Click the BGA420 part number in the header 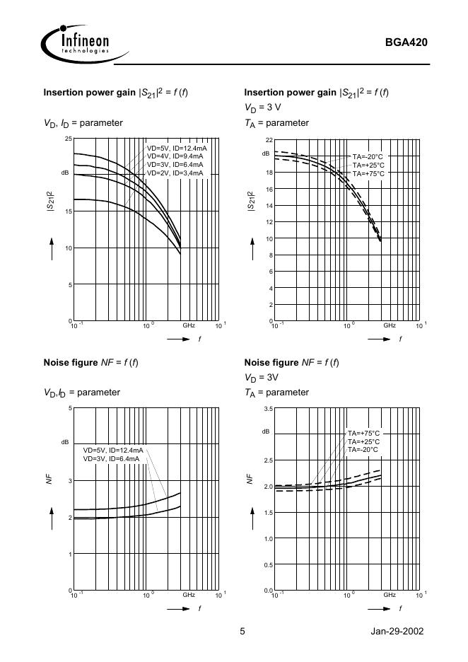click(406, 42)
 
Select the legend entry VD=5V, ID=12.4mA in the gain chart click(176, 149)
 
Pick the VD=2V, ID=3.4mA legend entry click(175, 173)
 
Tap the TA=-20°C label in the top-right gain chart click(368, 156)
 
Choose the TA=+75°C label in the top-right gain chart click(368, 173)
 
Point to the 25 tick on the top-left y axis click(68, 138)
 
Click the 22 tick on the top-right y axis click(268, 140)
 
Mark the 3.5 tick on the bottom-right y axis click(267, 409)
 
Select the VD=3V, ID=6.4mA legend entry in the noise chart click(111, 458)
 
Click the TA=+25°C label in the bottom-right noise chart click(363, 441)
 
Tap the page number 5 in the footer click(242, 632)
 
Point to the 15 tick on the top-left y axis click(68, 211)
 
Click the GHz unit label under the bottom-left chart click(189, 596)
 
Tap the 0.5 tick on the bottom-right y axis click(267, 564)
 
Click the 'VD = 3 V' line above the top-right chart click(262, 108)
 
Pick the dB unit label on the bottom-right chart click(266, 431)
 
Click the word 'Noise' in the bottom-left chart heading click(57, 363)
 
